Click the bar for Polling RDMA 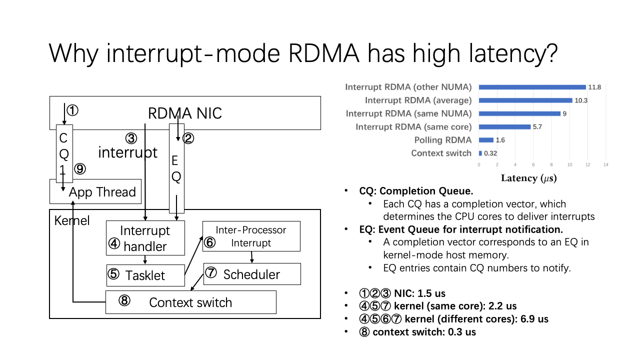(x=486, y=140)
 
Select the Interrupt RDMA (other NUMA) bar (x=532, y=87)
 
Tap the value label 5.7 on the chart (x=537, y=127)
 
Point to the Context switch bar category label (x=441, y=153)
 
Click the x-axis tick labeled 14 (x=605, y=164)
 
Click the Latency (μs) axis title (x=528, y=178)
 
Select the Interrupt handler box (x=145, y=238)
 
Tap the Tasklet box (x=145, y=275)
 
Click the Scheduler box (x=251, y=274)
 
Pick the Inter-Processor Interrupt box (x=251, y=236)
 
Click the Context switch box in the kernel (x=190, y=302)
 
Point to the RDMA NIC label (x=184, y=113)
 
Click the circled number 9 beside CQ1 (x=80, y=169)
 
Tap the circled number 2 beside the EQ (x=188, y=138)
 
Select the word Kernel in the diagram (x=72, y=220)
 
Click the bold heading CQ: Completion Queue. (x=416, y=191)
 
